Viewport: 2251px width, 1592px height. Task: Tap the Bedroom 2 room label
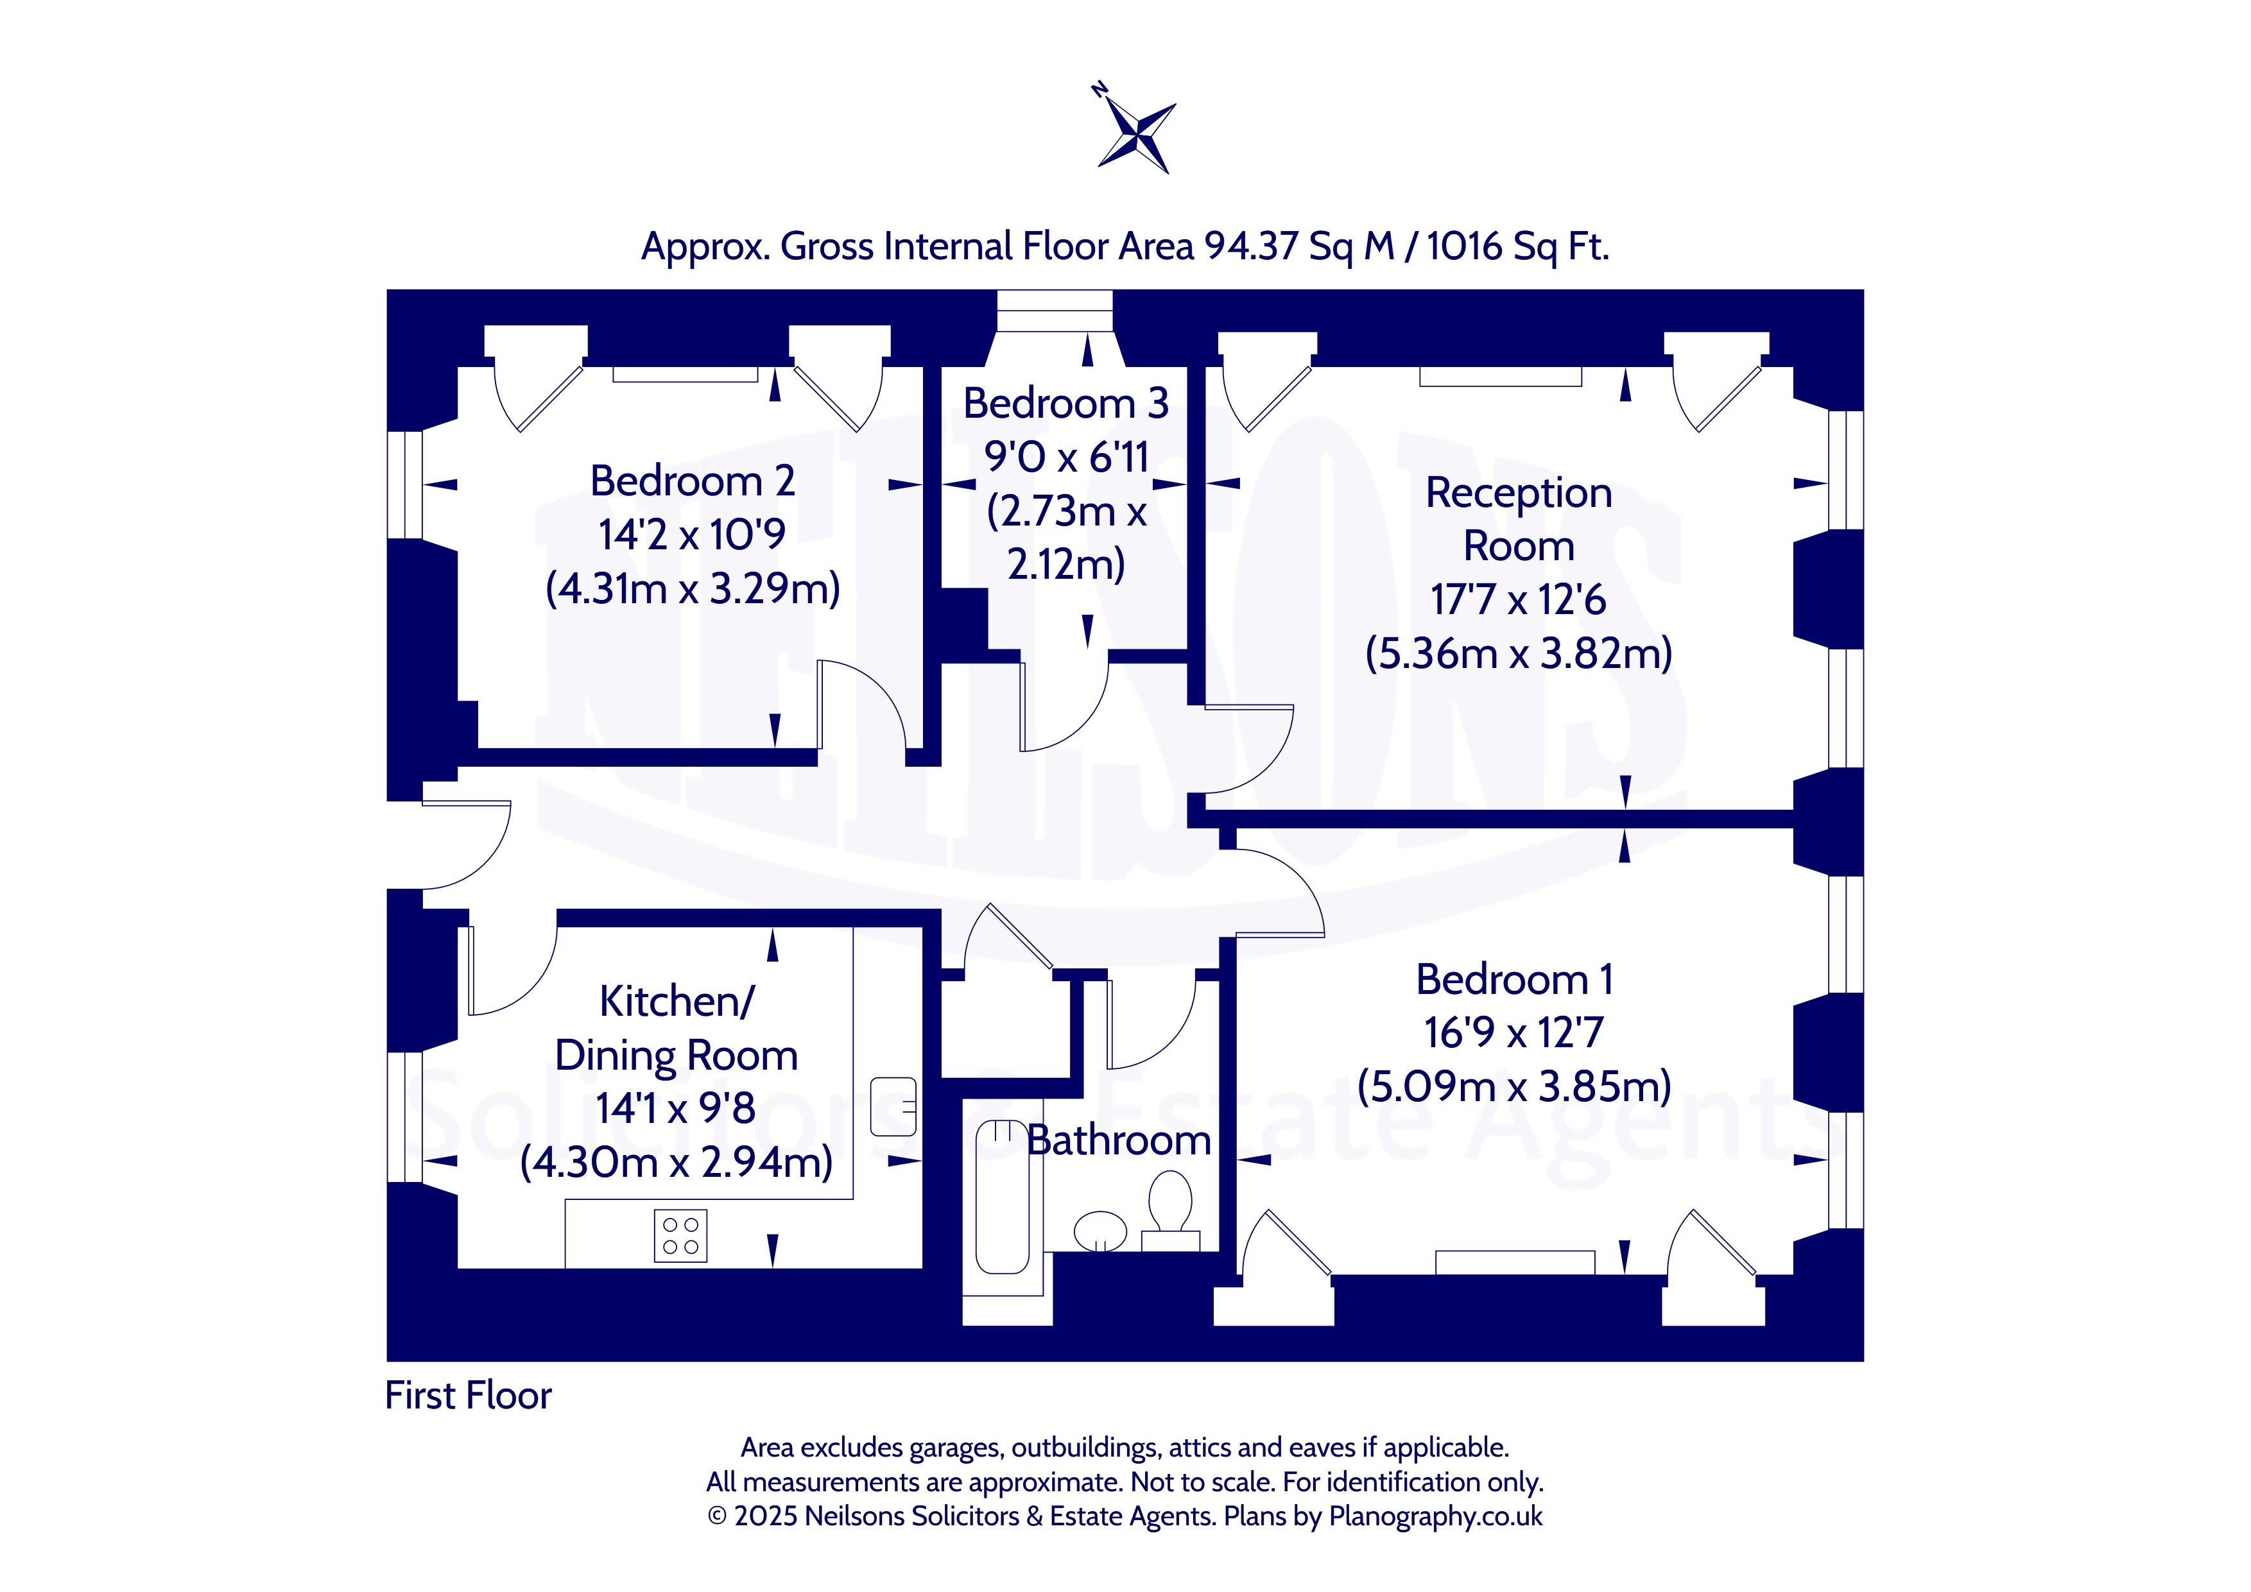(x=692, y=481)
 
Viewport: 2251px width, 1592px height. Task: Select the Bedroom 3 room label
(x=1065, y=403)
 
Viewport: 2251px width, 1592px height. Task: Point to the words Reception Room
(x=1519, y=518)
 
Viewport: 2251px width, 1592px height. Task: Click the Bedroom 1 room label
(x=1515, y=979)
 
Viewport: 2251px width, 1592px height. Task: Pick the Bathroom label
(x=1119, y=1140)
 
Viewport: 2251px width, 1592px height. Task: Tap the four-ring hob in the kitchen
(x=680, y=1235)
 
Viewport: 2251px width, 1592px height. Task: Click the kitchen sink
(x=893, y=1106)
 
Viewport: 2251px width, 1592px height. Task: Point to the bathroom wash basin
(x=1100, y=1231)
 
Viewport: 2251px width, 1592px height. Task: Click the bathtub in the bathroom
(x=1002, y=1196)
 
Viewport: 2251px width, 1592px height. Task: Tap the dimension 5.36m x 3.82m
(x=1519, y=653)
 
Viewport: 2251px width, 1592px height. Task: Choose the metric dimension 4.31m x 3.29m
(x=692, y=588)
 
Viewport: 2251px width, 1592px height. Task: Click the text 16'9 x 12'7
(x=1515, y=1032)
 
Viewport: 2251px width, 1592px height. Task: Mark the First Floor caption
(x=468, y=1395)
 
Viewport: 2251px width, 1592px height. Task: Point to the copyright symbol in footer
(x=718, y=1516)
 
